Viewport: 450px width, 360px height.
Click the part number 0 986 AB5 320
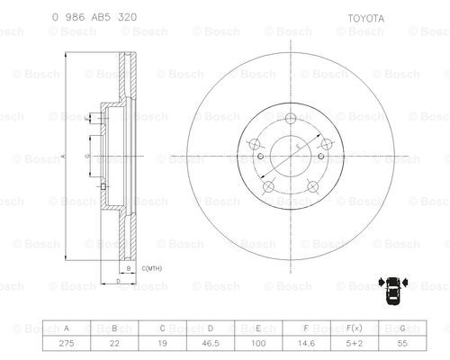[94, 17]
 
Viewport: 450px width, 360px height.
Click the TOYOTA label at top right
[365, 19]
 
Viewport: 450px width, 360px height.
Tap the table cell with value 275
[67, 343]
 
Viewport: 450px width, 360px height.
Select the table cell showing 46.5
[211, 343]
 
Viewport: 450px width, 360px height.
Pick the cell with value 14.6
[306, 343]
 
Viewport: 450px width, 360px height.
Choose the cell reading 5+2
[355, 343]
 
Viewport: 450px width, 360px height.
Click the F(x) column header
[355, 328]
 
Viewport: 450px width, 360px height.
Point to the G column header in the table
[402, 328]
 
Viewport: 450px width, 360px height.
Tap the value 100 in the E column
[258, 343]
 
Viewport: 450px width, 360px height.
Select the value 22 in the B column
[114, 343]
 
